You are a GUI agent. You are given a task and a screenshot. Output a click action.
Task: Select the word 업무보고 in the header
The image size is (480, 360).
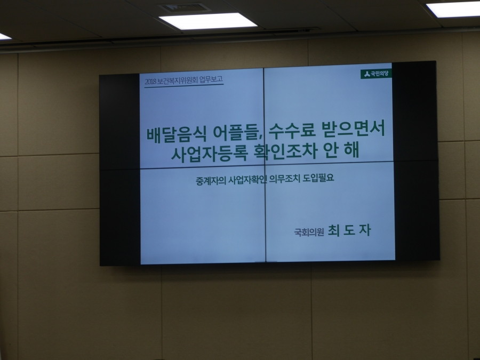(x=212, y=81)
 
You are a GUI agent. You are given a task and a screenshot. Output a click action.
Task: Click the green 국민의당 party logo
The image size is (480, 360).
(x=377, y=74)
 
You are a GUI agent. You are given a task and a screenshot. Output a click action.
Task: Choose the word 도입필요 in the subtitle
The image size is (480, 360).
(x=325, y=178)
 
